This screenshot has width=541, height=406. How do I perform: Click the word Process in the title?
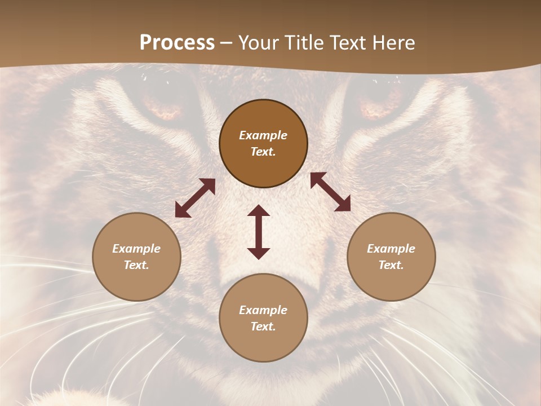(177, 43)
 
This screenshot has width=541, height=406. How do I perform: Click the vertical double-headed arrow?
(259, 232)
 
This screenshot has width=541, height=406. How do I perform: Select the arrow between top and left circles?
(195, 198)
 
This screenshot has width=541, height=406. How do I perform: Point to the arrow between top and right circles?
(330, 192)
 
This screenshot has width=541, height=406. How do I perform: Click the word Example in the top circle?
(263, 135)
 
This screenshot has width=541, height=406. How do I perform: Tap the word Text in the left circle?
(136, 265)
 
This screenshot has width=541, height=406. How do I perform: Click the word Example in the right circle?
(391, 249)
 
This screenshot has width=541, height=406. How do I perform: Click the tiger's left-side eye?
(163, 104)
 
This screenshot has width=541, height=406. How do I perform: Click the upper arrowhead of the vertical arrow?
(259, 210)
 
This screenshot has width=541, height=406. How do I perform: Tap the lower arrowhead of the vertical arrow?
(259, 253)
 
